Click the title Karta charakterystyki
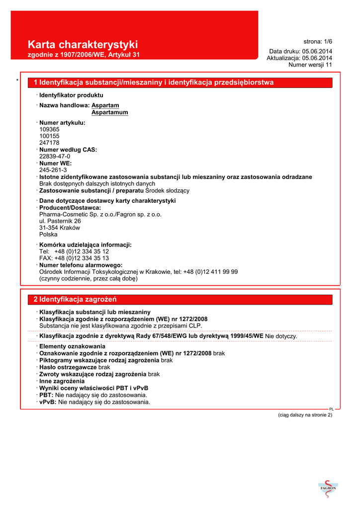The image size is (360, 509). (83, 45)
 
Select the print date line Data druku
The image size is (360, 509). (301, 51)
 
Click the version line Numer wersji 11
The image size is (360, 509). (310, 65)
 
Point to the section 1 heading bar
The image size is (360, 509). (180, 82)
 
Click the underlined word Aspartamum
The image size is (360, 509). (110, 112)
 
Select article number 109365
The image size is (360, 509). (49, 129)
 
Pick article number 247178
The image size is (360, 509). (49, 143)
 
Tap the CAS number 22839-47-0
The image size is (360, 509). (55, 156)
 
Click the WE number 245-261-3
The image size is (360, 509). (53, 170)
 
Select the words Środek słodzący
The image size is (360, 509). (170, 190)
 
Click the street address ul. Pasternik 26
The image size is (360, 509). (60, 221)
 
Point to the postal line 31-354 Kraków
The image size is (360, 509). (59, 228)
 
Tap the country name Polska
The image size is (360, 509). (48, 234)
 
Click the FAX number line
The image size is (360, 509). (74, 258)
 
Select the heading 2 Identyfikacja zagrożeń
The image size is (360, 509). (75, 299)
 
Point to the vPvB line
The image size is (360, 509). (94, 402)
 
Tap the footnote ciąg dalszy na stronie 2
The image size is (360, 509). (305, 415)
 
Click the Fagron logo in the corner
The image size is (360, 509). (328, 490)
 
